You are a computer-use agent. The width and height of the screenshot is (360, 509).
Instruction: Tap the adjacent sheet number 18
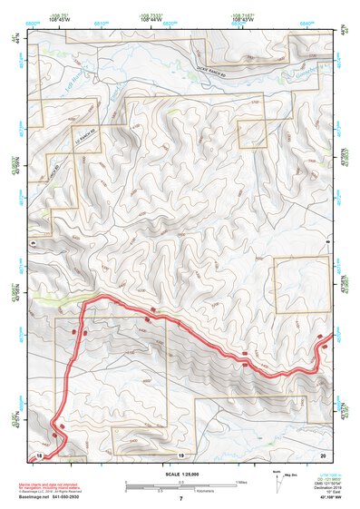tap(39, 454)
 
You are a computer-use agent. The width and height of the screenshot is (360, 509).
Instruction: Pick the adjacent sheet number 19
tap(180, 454)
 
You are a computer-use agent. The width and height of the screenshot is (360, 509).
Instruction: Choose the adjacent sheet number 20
tap(322, 454)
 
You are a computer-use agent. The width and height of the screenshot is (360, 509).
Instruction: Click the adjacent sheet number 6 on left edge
tap(33, 243)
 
